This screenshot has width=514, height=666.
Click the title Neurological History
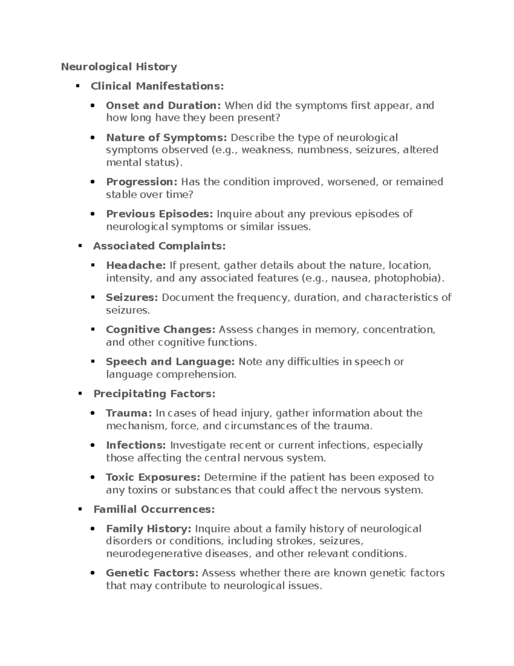click(119, 67)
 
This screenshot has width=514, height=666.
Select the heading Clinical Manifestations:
click(157, 86)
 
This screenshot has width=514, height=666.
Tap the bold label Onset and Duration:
click(163, 105)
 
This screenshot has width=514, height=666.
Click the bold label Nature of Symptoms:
click(166, 138)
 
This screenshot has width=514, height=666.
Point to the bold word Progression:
click(141, 182)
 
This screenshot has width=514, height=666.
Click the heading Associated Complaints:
click(159, 246)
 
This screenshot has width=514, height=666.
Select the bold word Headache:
click(136, 265)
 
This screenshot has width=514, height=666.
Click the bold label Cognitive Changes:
click(161, 330)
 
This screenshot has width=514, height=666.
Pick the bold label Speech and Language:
click(170, 362)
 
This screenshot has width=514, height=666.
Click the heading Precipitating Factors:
click(154, 394)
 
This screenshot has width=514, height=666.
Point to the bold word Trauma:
click(129, 413)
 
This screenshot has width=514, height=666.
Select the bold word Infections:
click(136, 445)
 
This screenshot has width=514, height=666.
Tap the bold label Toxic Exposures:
click(153, 477)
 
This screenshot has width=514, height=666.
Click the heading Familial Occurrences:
click(154, 509)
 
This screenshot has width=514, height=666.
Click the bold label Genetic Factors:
click(152, 573)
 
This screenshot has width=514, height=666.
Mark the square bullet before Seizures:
click(93, 297)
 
